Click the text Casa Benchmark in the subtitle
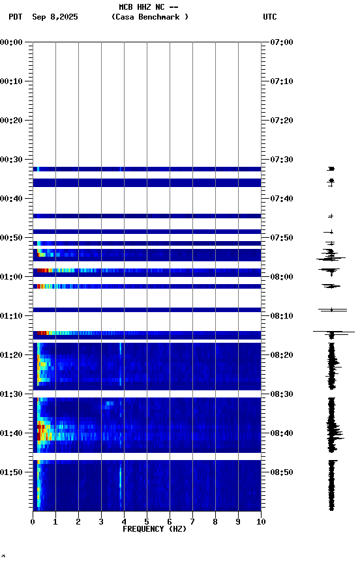149,17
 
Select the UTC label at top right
270,17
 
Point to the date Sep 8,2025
55,17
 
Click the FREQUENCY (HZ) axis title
155,529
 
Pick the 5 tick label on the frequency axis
147,521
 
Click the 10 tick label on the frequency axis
261,521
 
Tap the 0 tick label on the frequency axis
33,521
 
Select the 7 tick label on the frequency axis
192,521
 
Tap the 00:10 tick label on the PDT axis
12,81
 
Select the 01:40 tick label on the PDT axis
12,433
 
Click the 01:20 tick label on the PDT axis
12,355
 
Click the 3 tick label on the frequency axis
101,521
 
